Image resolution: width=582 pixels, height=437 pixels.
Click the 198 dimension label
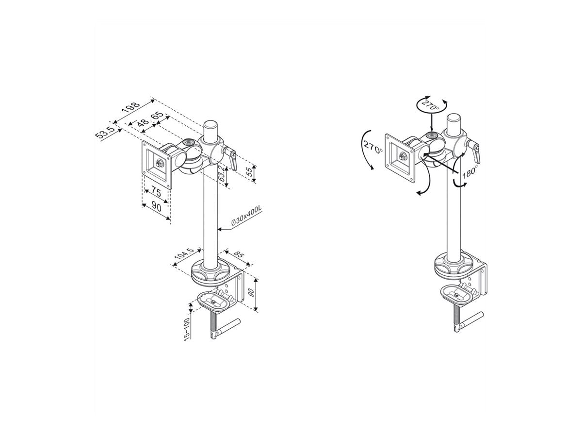tap(131, 108)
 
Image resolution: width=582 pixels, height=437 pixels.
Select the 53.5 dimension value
tap(104, 133)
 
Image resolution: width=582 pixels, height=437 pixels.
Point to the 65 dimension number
tap(157, 116)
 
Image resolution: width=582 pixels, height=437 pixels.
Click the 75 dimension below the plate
tap(156, 192)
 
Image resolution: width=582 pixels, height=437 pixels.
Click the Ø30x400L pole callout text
tap(246, 216)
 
